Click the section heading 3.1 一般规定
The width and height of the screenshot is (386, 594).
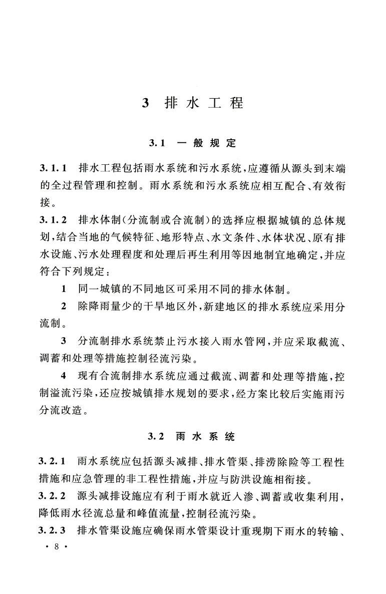pos(192,143)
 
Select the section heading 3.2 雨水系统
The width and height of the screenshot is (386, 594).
pos(192,436)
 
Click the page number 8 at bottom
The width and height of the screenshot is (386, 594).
pos(56,547)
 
